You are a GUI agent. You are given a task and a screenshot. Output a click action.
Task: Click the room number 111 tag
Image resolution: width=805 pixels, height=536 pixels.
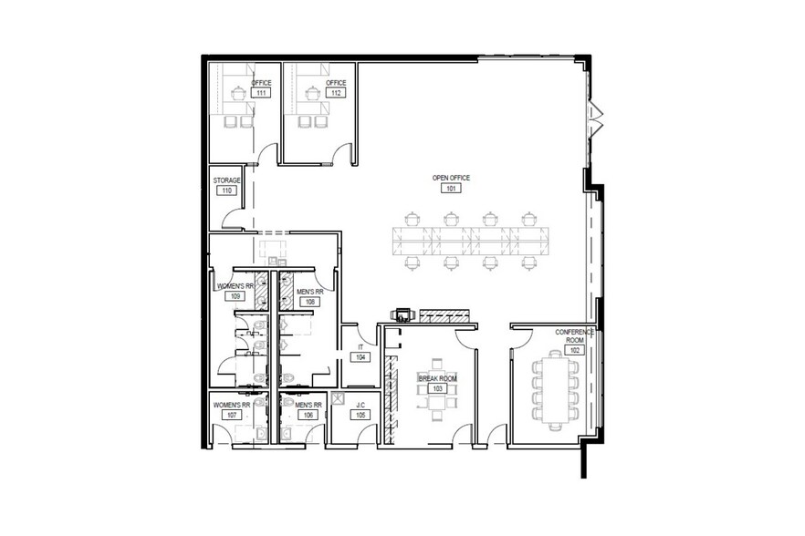click(261, 93)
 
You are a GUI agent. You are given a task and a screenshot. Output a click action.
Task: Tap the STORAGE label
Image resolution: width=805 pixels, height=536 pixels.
click(226, 180)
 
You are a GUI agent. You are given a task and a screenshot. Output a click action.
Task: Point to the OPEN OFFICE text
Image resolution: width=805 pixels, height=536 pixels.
click(451, 178)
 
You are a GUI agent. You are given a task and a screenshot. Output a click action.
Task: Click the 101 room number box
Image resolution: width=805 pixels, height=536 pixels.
click(451, 189)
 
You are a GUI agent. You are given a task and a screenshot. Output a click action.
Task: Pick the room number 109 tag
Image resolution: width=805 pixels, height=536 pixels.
click(235, 296)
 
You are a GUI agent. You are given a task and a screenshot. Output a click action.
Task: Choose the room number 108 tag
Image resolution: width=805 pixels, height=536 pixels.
click(310, 302)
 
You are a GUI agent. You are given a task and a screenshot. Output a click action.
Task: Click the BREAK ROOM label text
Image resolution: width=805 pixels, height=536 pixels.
click(437, 377)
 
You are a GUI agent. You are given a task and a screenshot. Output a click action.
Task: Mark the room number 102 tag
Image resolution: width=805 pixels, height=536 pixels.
click(575, 350)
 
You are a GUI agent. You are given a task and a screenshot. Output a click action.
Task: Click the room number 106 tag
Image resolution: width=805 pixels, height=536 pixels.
click(308, 415)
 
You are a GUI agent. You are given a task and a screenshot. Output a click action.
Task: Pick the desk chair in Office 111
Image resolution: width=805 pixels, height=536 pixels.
click(240, 90)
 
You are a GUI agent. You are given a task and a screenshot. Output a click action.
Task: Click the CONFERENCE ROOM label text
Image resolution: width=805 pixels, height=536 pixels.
click(575, 336)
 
